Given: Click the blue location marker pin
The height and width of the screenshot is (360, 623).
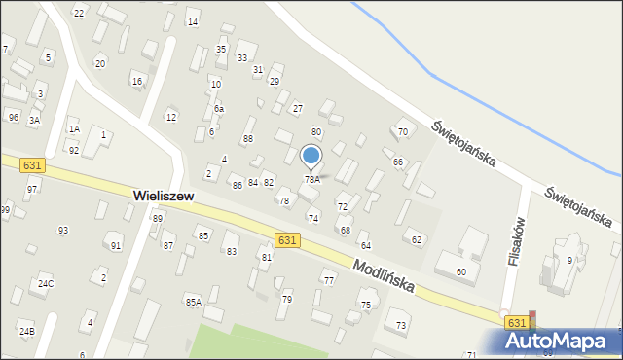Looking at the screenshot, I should (x=311, y=156).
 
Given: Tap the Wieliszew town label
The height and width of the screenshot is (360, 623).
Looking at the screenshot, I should (x=163, y=196).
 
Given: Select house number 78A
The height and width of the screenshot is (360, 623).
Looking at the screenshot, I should (x=311, y=180).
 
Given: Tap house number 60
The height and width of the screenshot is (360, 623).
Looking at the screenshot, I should (x=460, y=271).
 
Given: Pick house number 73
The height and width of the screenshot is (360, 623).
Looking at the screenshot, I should (x=400, y=324).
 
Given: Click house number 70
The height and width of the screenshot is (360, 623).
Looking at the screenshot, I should (x=402, y=131).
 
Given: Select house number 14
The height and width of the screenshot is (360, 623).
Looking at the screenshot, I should (x=193, y=21).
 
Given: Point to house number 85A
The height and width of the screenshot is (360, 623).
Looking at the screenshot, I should (x=193, y=303).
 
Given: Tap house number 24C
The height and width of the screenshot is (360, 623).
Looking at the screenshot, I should (x=45, y=284).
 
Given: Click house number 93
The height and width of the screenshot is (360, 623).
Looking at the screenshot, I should (x=62, y=231).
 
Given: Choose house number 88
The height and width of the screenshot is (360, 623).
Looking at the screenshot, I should (x=248, y=139).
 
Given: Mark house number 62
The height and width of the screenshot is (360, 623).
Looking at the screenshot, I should (x=417, y=239).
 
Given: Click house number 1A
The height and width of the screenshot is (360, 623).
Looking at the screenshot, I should (x=73, y=128).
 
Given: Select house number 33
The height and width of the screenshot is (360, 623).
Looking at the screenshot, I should (x=242, y=58).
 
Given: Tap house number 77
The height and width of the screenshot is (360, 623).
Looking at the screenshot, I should (x=329, y=281).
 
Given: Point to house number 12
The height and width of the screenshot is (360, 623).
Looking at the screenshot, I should (x=171, y=117).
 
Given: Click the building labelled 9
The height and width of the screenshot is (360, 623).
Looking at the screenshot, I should (x=569, y=261).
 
